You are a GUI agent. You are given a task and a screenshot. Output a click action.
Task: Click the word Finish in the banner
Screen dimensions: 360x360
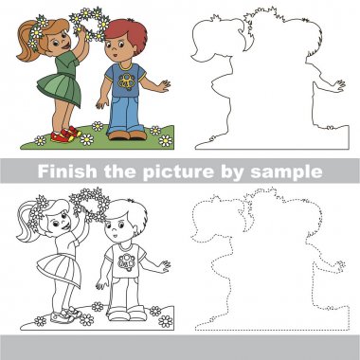[x=67, y=171]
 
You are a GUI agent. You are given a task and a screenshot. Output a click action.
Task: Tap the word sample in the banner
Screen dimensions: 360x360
[x=286, y=172]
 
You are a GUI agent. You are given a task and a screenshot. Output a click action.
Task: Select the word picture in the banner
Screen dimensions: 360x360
[x=178, y=172]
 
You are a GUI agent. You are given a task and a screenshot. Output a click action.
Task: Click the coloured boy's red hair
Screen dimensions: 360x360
[x=128, y=31]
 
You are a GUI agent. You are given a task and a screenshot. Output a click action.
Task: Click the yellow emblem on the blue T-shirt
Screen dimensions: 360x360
[x=127, y=81]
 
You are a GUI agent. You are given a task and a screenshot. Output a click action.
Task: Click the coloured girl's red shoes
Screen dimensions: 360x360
[x=65, y=135]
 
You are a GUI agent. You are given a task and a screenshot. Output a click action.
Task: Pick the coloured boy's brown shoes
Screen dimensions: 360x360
[x=128, y=135]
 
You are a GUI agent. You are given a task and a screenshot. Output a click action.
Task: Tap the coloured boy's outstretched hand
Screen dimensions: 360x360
[x=164, y=86]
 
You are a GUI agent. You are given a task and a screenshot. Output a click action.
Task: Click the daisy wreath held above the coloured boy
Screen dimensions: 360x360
[x=90, y=24]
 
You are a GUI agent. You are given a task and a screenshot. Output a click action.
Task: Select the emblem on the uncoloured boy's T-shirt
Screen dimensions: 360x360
[x=127, y=262]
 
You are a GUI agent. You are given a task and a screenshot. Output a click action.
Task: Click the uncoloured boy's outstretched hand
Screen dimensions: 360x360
[x=164, y=266]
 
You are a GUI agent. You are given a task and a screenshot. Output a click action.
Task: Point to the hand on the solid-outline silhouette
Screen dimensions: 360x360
[x=340, y=85]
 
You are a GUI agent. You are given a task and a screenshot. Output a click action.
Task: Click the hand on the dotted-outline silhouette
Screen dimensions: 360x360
[x=340, y=266]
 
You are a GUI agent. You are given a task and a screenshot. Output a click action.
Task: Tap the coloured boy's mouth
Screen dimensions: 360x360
[x=115, y=56]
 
